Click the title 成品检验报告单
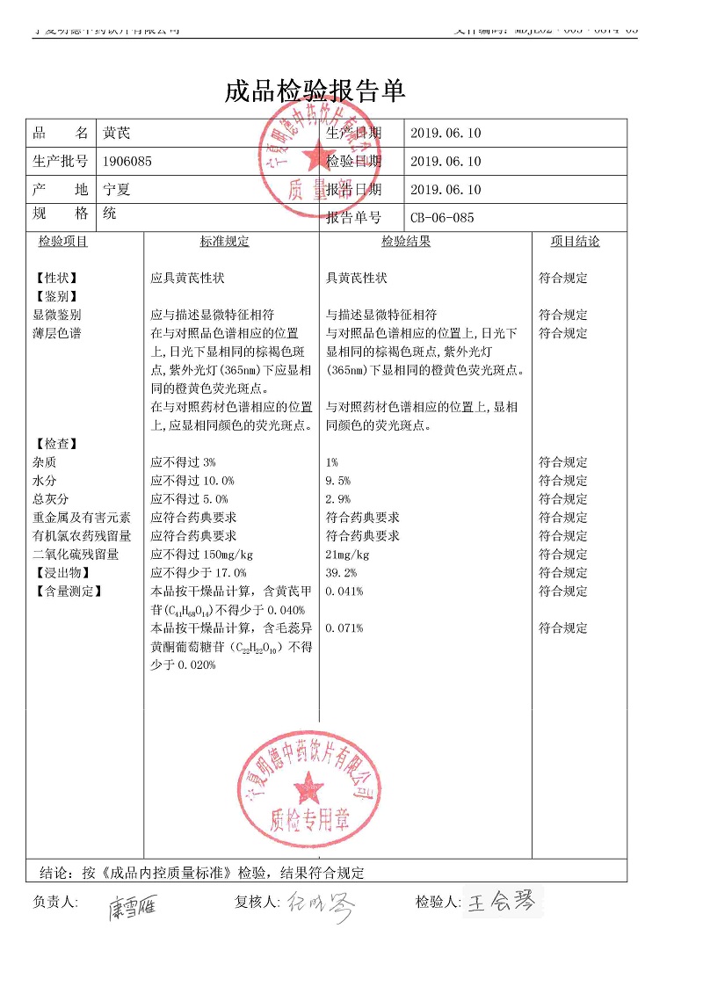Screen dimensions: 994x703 point(315,91)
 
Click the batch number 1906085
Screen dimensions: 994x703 point(127,161)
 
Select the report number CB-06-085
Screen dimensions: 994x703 point(442,218)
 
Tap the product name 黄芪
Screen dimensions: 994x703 point(116,134)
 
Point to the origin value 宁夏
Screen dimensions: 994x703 point(116,189)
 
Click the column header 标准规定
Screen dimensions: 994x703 point(224,242)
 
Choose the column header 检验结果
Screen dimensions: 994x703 point(406,242)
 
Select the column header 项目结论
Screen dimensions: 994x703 point(575,242)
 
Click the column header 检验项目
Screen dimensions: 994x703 point(62,242)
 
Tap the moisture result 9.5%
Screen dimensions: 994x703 point(338,481)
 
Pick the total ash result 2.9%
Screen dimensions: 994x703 point(338,499)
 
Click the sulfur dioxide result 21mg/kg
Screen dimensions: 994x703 point(348,555)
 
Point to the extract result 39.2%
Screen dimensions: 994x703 point(341,573)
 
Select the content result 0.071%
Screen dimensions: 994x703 point(344,628)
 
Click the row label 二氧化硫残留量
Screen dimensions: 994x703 point(76,555)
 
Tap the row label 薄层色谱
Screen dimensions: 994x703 point(57,333)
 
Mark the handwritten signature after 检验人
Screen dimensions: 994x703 point(501,903)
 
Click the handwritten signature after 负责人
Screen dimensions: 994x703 point(133,906)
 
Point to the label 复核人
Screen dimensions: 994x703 point(257,902)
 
